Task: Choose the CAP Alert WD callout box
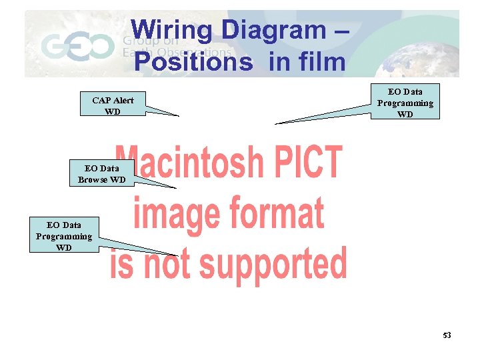[113, 105]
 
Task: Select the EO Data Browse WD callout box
[102, 174]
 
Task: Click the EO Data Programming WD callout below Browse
[64, 236]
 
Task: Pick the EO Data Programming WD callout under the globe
[405, 102]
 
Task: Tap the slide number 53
[447, 335]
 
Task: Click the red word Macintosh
[189, 163]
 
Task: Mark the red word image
[174, 213]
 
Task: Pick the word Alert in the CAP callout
[123, 101]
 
